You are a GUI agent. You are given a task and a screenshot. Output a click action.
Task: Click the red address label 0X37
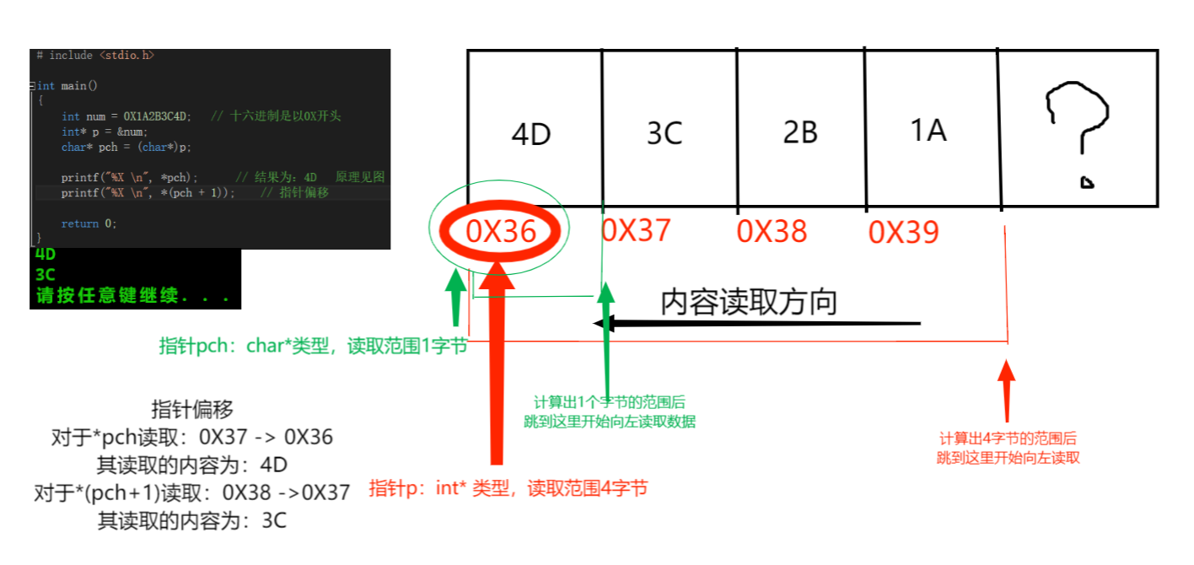point(636,229)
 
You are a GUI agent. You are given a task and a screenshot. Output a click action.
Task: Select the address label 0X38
point(772,231)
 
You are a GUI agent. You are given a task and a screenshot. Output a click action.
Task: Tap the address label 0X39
point(903,231)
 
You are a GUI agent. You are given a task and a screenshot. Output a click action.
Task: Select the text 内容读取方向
point(748,301)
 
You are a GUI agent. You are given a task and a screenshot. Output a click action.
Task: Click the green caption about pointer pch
point(313,347)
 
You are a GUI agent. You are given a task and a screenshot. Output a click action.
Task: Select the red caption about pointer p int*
point(508,487)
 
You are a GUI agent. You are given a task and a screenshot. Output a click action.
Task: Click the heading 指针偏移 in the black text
point(192,410)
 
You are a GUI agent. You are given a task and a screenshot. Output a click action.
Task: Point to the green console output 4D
point(46,254)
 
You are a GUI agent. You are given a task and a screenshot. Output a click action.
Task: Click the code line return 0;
point(89,223)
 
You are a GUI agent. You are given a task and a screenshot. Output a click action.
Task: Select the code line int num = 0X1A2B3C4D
point(126,116)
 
